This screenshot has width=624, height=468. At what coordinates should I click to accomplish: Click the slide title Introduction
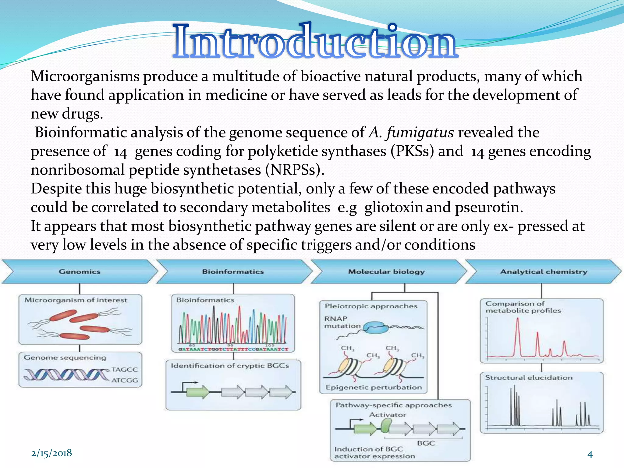315,42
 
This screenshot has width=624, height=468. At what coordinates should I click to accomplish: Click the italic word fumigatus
420,133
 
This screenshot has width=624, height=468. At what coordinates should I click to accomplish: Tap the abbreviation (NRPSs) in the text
294,170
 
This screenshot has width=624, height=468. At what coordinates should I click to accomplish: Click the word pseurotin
488,207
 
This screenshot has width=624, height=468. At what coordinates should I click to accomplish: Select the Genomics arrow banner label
80,271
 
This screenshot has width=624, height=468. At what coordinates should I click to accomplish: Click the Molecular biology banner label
386,271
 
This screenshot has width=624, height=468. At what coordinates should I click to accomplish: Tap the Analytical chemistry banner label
544,271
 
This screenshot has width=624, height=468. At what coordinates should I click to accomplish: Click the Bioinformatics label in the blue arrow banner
233,271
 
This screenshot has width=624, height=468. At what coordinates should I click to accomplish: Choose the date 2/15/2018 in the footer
51,453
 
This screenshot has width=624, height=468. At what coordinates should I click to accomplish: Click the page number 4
590,455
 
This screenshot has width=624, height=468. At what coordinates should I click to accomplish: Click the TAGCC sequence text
124,370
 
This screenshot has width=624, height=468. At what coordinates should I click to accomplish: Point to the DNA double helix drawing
66,375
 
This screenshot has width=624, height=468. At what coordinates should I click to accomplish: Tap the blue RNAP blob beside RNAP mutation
377,328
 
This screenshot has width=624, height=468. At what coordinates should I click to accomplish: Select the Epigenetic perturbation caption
374,387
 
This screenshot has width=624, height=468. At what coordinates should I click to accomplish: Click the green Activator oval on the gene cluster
386,425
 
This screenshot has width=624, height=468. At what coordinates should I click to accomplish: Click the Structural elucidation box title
529,378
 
